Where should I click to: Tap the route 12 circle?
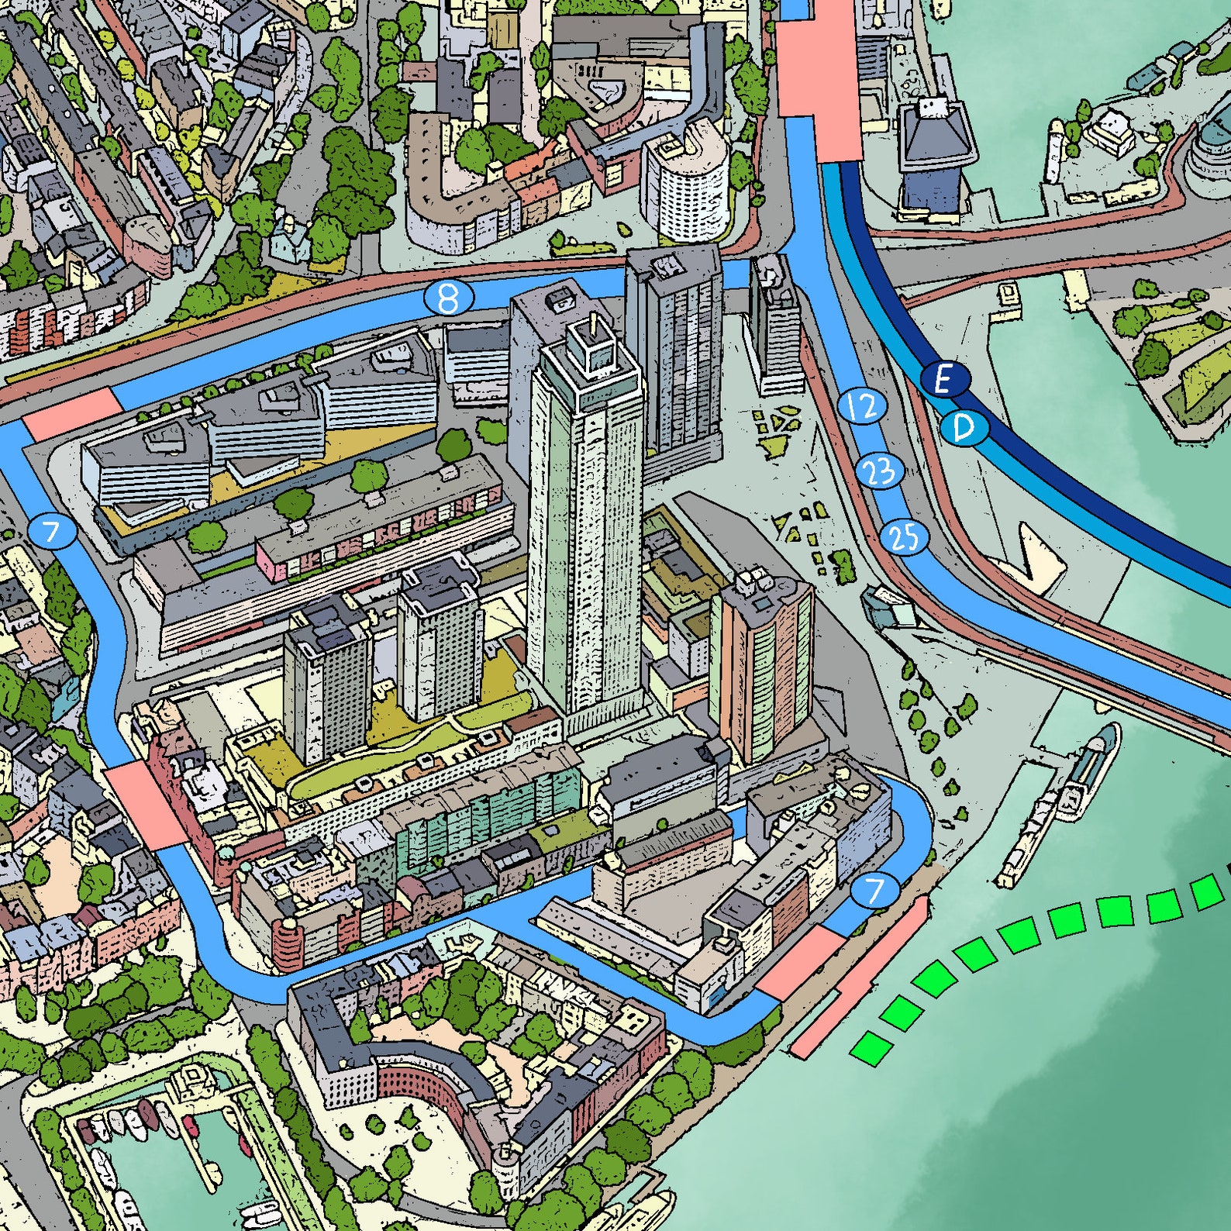pyautogui.click(x=862, y=405)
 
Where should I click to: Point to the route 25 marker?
pyautogui.click(x=904, y=536)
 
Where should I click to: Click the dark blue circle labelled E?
pyautogui.click(x=943, y=380)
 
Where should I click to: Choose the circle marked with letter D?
pyautogui.click(x=964, y=427)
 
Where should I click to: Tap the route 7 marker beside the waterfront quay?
pyautogui.click(x=874, y=891)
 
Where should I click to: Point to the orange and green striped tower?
pyautogui.click(x=762, y=667)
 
